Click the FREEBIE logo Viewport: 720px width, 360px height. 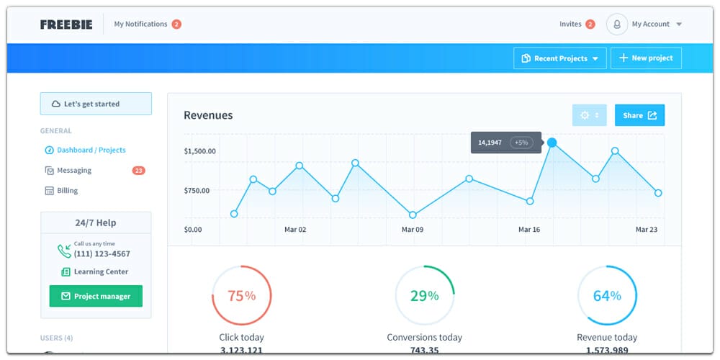pos(67,24)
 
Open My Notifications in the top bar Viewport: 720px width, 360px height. pos(140,24)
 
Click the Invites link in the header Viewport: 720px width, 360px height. pos(570,24)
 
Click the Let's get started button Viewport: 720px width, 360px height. pos(96,104)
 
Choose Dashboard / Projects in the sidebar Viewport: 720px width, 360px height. pos(91,150)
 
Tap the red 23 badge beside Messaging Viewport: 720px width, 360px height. pos(139,171)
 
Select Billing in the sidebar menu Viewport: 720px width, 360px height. pos(67,191)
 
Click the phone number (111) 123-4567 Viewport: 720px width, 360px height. pos(102,254)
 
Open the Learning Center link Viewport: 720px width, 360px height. pos(101,272)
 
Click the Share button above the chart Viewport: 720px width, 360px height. pos(639,115)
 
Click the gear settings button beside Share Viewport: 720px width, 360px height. pos(589,115)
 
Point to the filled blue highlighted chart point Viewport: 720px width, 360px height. pos(552,143)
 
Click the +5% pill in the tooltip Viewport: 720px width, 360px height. pos(521,143)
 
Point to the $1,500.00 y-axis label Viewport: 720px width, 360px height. pos(199,151)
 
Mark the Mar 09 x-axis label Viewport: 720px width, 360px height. pos(413,230)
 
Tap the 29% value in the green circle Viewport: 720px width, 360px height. pos(424,296)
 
